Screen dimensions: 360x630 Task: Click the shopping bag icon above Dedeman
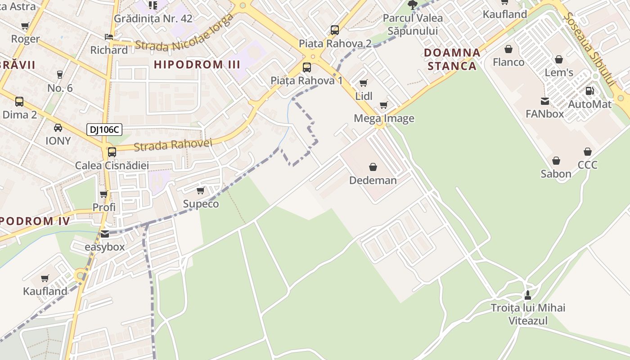click(x=373, y=167)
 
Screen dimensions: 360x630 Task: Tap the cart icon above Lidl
click(x=364, y=83)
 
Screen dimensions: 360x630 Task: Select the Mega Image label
click(x=384, y=118)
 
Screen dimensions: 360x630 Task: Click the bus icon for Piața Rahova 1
click(x=306, y=67)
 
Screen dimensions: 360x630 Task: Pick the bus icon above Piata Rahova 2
click(x=335, y=30)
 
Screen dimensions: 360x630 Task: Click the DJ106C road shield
click(x=104, y=130)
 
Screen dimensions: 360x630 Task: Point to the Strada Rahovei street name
click(x=172, y=145)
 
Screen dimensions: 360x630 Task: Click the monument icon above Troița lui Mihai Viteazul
click(x=528, y=295)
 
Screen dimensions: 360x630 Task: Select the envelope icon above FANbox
click(x=545, y=101)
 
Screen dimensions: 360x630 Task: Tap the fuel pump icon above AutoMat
click(x=589, y=91)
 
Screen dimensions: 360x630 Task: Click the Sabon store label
click(x=556, y=174)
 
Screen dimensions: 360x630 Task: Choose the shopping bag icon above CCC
click(x=588, y=152)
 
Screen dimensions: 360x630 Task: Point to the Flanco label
click(x=508, y=62)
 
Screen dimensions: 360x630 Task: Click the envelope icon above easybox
click(x=105, y=234)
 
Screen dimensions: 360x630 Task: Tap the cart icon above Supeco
click(x=201, y=191)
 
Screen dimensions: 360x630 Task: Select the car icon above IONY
click(x=58, y=128)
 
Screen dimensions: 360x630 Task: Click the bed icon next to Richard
click(x=108, y=36)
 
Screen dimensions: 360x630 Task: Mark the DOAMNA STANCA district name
click(x=452, y=59)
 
